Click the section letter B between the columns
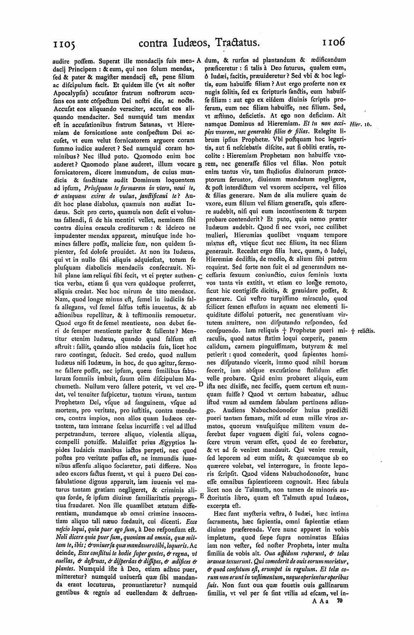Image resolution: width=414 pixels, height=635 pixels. click(x=200, y=165)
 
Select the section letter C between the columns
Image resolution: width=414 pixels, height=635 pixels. click(x=200, y=276)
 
